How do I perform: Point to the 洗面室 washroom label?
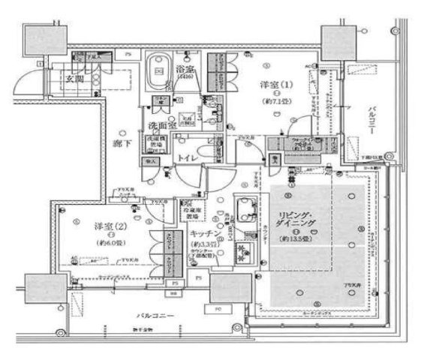pyautogui.click(x=161, y=125)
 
